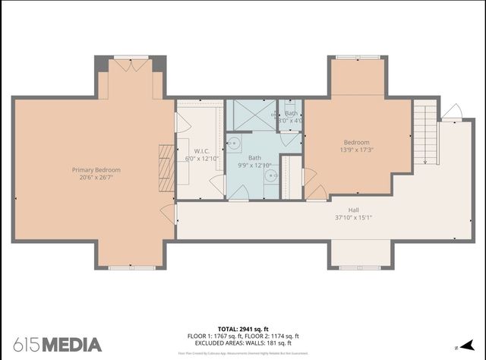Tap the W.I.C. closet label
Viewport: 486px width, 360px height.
tap(201, 150)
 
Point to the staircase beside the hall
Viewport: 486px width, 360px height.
tap(426, 135)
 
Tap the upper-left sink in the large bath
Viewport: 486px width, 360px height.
tap(234, 143)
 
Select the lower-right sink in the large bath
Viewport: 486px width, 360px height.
tap(271, 175)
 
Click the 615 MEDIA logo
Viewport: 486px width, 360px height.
tap(56, 344)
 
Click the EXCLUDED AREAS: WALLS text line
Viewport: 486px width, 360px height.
tap(243, 343)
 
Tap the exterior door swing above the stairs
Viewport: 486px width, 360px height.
tap(452, 112)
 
